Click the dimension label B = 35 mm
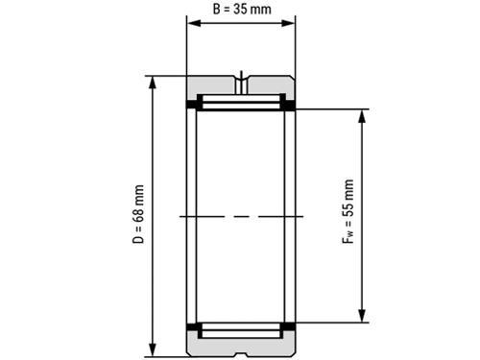(242, 9)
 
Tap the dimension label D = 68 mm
(138, 214)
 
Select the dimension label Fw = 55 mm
(348, 212)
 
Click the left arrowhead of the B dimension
(194, 23)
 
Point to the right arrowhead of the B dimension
(288, 23)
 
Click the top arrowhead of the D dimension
(153, 83)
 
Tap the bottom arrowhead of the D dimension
(153, 349)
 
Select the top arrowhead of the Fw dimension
(362, 116)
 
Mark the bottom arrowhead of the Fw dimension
(362, 316)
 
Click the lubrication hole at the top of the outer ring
(242, 84)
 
